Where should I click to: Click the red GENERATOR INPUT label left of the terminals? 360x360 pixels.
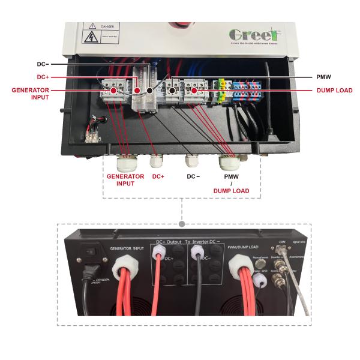tap(29, 94)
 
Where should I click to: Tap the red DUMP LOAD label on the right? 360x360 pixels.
tap(330, 91)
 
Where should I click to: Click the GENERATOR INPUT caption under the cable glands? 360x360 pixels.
tap(125, 180)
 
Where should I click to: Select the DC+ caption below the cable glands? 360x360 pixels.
tap(158, 176)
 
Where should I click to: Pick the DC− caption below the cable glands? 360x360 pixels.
tap(193, 176)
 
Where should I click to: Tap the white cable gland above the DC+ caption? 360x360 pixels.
tap(156, 161)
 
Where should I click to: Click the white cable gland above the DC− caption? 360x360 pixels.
tap(192, 161)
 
